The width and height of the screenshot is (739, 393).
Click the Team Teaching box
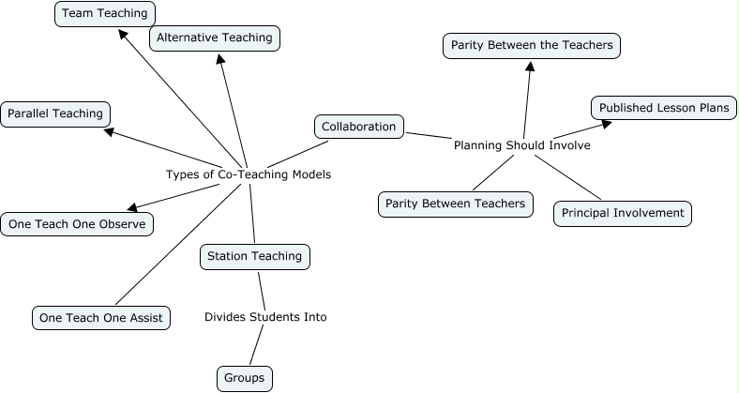105,14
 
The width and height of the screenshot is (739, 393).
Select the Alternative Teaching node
215,38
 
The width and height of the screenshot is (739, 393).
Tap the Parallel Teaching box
54,113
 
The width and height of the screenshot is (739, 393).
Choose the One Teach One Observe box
76,224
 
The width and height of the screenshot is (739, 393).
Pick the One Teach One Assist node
100,318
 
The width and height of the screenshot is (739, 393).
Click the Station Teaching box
254,255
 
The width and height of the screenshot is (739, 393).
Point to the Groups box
245,378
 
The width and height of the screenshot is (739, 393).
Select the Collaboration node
359,126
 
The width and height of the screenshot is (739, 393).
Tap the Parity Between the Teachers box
531,44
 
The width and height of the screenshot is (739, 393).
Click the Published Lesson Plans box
663,108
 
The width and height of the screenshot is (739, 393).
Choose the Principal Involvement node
623,213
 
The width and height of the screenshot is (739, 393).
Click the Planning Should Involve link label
521,145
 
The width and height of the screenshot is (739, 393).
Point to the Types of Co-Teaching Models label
248,174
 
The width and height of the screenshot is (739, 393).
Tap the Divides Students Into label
265,317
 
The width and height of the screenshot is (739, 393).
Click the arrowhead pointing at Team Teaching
123,34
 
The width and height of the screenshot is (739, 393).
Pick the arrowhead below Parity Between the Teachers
530,67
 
